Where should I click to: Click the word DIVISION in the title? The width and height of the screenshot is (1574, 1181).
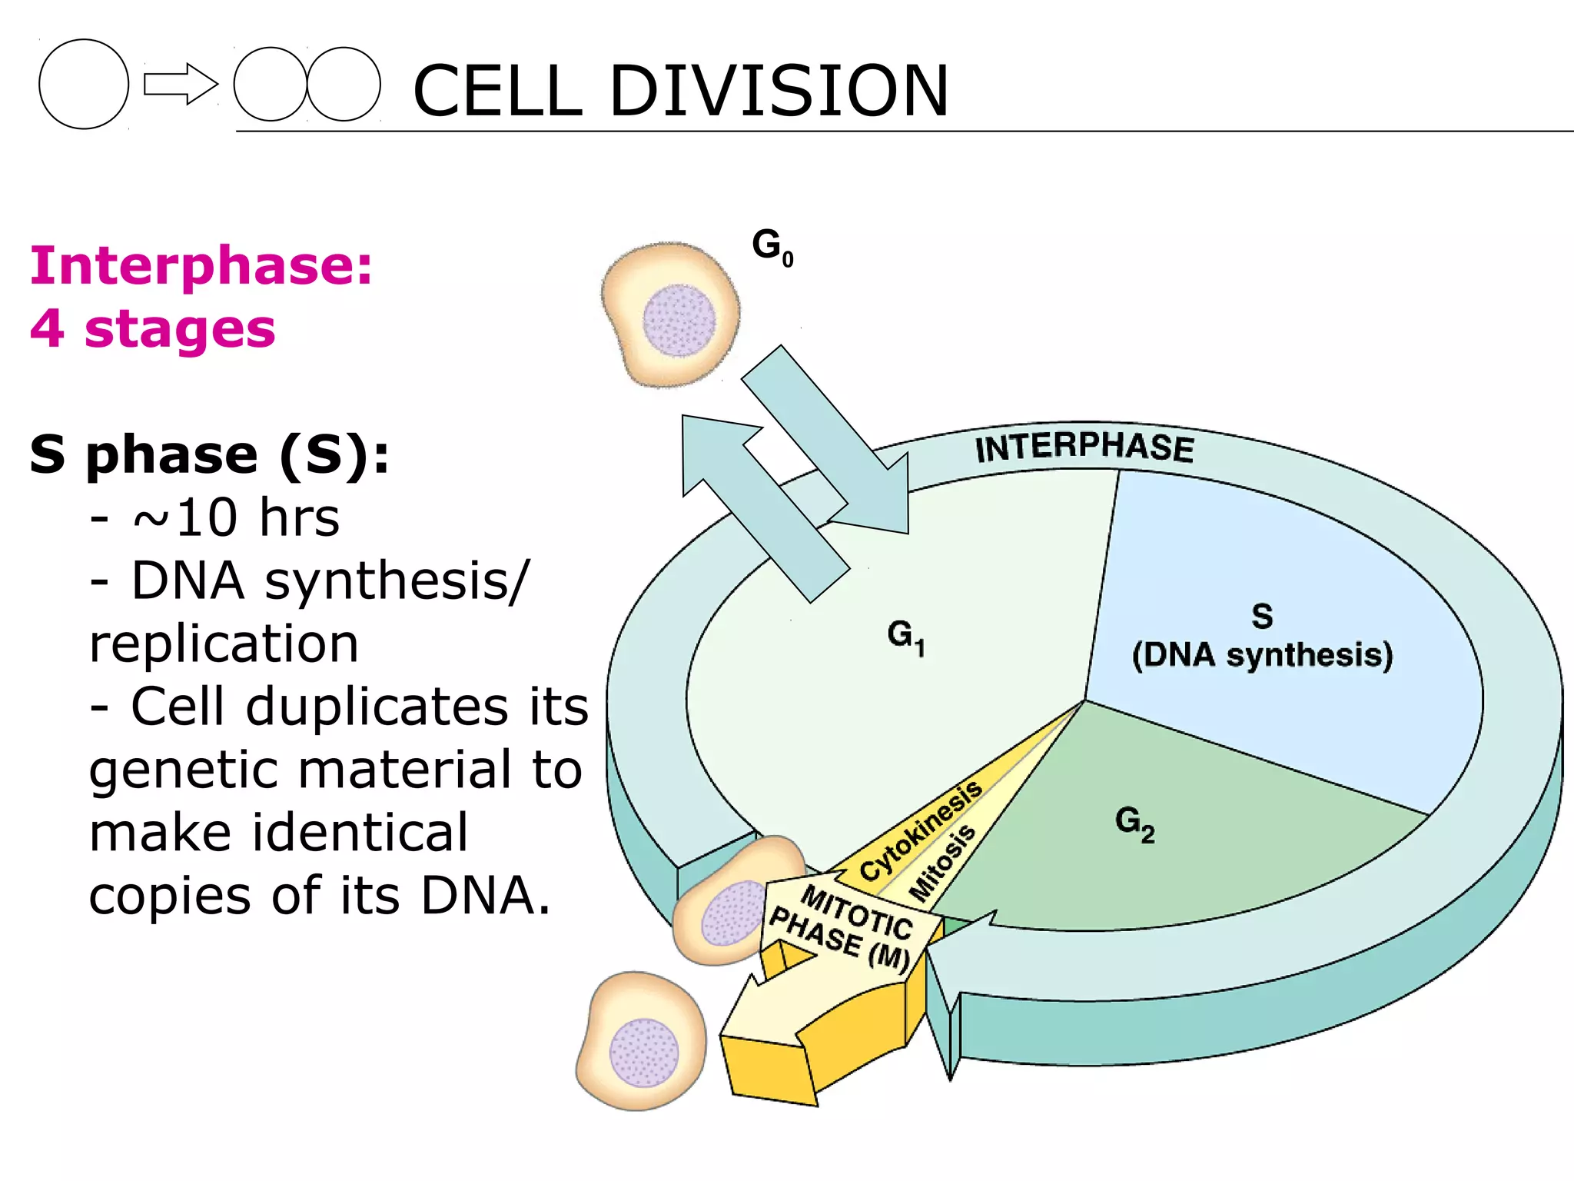point(779,91)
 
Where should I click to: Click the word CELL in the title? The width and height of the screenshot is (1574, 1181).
point(498,91)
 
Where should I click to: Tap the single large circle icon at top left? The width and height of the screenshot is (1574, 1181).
point(84,84)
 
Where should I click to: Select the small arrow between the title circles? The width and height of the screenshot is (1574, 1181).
point(181,84)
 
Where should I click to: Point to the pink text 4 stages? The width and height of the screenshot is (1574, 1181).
point(152,329)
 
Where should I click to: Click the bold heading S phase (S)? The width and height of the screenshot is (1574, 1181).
point(209,455)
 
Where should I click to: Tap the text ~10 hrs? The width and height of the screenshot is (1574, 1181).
point(235,517)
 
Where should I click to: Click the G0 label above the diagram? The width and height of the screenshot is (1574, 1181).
point(772,246)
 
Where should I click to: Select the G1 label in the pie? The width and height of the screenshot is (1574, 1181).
point(905,637)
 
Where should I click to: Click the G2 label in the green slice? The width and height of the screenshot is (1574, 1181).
point(1134,823)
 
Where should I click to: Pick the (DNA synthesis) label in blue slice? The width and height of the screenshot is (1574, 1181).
point(1262,655)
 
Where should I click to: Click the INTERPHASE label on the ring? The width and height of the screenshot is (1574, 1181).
point(1084,447)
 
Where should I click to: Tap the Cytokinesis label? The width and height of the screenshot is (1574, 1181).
point(920,830)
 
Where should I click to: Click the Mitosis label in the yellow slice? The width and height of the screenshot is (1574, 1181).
point(942,863)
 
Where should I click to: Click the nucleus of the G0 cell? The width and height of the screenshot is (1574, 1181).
point(679,320)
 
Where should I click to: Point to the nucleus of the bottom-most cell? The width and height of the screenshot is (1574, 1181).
point(644,1053)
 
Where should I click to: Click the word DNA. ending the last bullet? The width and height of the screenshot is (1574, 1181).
point(486,896)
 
